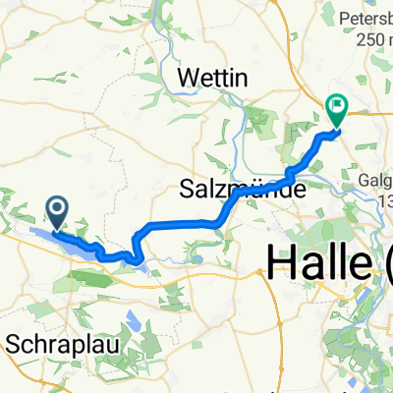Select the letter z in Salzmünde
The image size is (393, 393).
pyautogui.click(x=214, y=187)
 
